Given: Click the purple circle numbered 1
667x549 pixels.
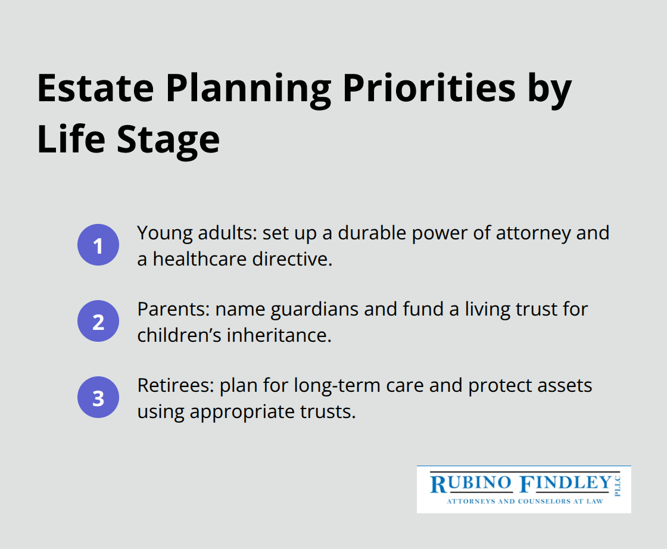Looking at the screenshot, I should (x=98, y=245).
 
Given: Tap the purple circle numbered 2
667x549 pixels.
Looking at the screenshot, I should (x=98, y=322).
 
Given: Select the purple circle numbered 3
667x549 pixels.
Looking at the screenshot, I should (x=98, y=398).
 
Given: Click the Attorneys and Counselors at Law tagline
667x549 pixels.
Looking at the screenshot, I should (x=525, y=501).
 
